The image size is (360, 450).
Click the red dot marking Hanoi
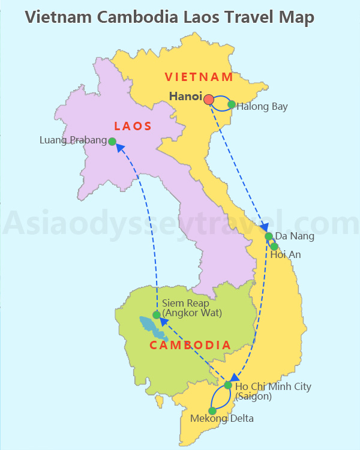tap(208, 99)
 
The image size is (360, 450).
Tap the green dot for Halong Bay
tap(232, 104)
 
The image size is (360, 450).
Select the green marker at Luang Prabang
tap(112, 141)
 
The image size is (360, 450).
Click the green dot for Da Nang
tap(269, 236)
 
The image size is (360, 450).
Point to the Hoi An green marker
tap(274, 246)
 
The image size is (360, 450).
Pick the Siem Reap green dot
tap(156, 314)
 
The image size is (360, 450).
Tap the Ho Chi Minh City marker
tap(228, 385)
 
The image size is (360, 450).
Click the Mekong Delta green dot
tap(212, 411)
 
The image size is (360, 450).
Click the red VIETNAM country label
tap(199, 77)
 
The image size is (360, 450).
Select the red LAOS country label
tap(133, 126)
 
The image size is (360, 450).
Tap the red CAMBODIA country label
tap(190, 345)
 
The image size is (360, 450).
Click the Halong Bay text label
tap(262, 107)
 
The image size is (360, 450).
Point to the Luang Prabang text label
tap(73, 140)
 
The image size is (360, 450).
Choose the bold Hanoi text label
tap(185, 96)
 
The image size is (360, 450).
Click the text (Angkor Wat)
tap(192, 313)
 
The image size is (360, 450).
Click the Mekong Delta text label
tap(222, 418)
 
